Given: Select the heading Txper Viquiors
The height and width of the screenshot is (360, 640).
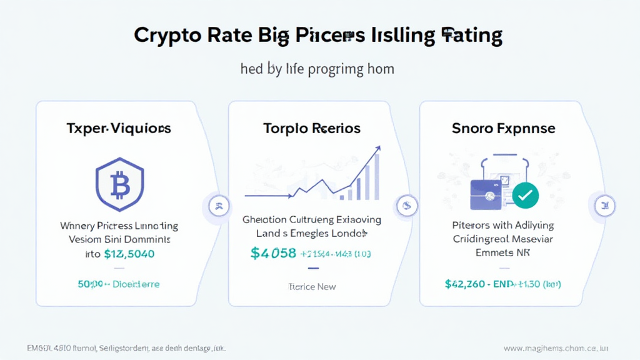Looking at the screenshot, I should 119,129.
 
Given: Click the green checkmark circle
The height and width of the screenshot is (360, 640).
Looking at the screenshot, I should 525,196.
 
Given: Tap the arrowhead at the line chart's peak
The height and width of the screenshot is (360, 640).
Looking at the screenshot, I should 377,149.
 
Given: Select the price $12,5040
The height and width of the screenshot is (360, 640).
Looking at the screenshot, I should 129,254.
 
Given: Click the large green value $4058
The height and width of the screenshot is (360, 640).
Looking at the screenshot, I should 272,253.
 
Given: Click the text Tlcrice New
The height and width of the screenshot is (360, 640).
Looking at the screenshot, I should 312,286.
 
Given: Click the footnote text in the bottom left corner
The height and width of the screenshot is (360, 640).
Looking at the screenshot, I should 126,347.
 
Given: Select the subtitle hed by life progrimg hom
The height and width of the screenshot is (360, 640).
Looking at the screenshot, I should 317,68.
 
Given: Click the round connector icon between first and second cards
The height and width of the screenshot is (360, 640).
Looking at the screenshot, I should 219,204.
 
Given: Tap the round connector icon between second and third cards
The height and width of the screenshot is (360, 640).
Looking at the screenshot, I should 407,204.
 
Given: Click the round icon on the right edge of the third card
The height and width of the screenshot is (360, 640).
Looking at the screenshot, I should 603,204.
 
